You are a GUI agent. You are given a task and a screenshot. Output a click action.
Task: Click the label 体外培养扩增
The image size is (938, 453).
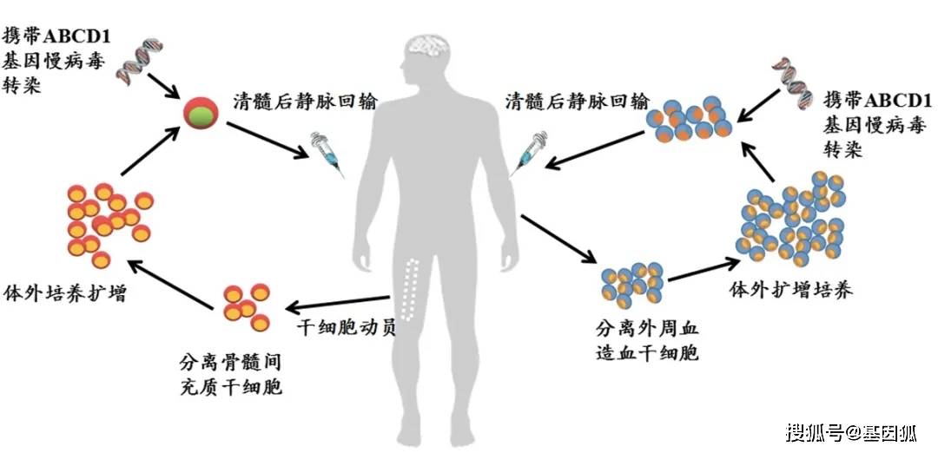pos(66,292)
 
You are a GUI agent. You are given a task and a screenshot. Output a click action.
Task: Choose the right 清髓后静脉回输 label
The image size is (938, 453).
pos(577,101)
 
